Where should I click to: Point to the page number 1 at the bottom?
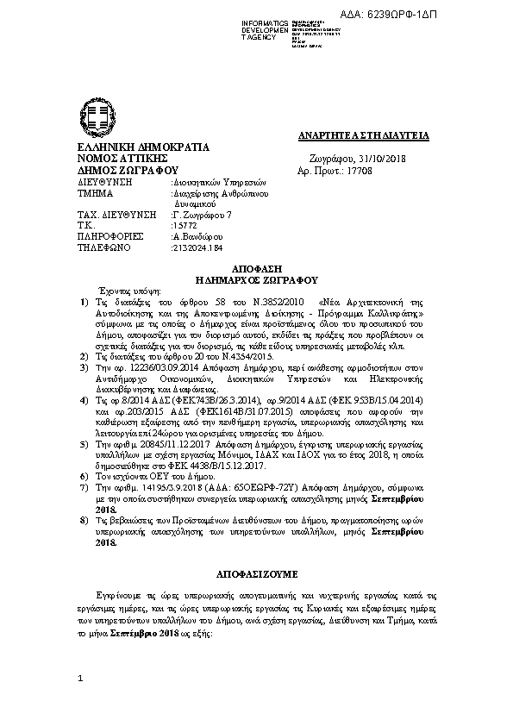(x=79, y=679)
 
